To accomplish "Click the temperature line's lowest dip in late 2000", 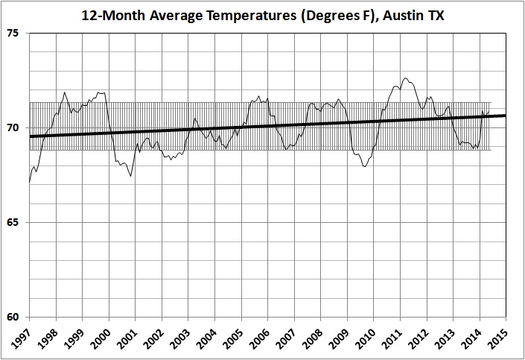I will [x=130, y=176].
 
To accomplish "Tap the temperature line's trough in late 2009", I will [x=364, y=166].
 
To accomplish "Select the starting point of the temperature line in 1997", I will [x=30, y=181].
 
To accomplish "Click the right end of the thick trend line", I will [x=506, y=116].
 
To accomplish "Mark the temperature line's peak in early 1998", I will [x=65, y=92].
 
